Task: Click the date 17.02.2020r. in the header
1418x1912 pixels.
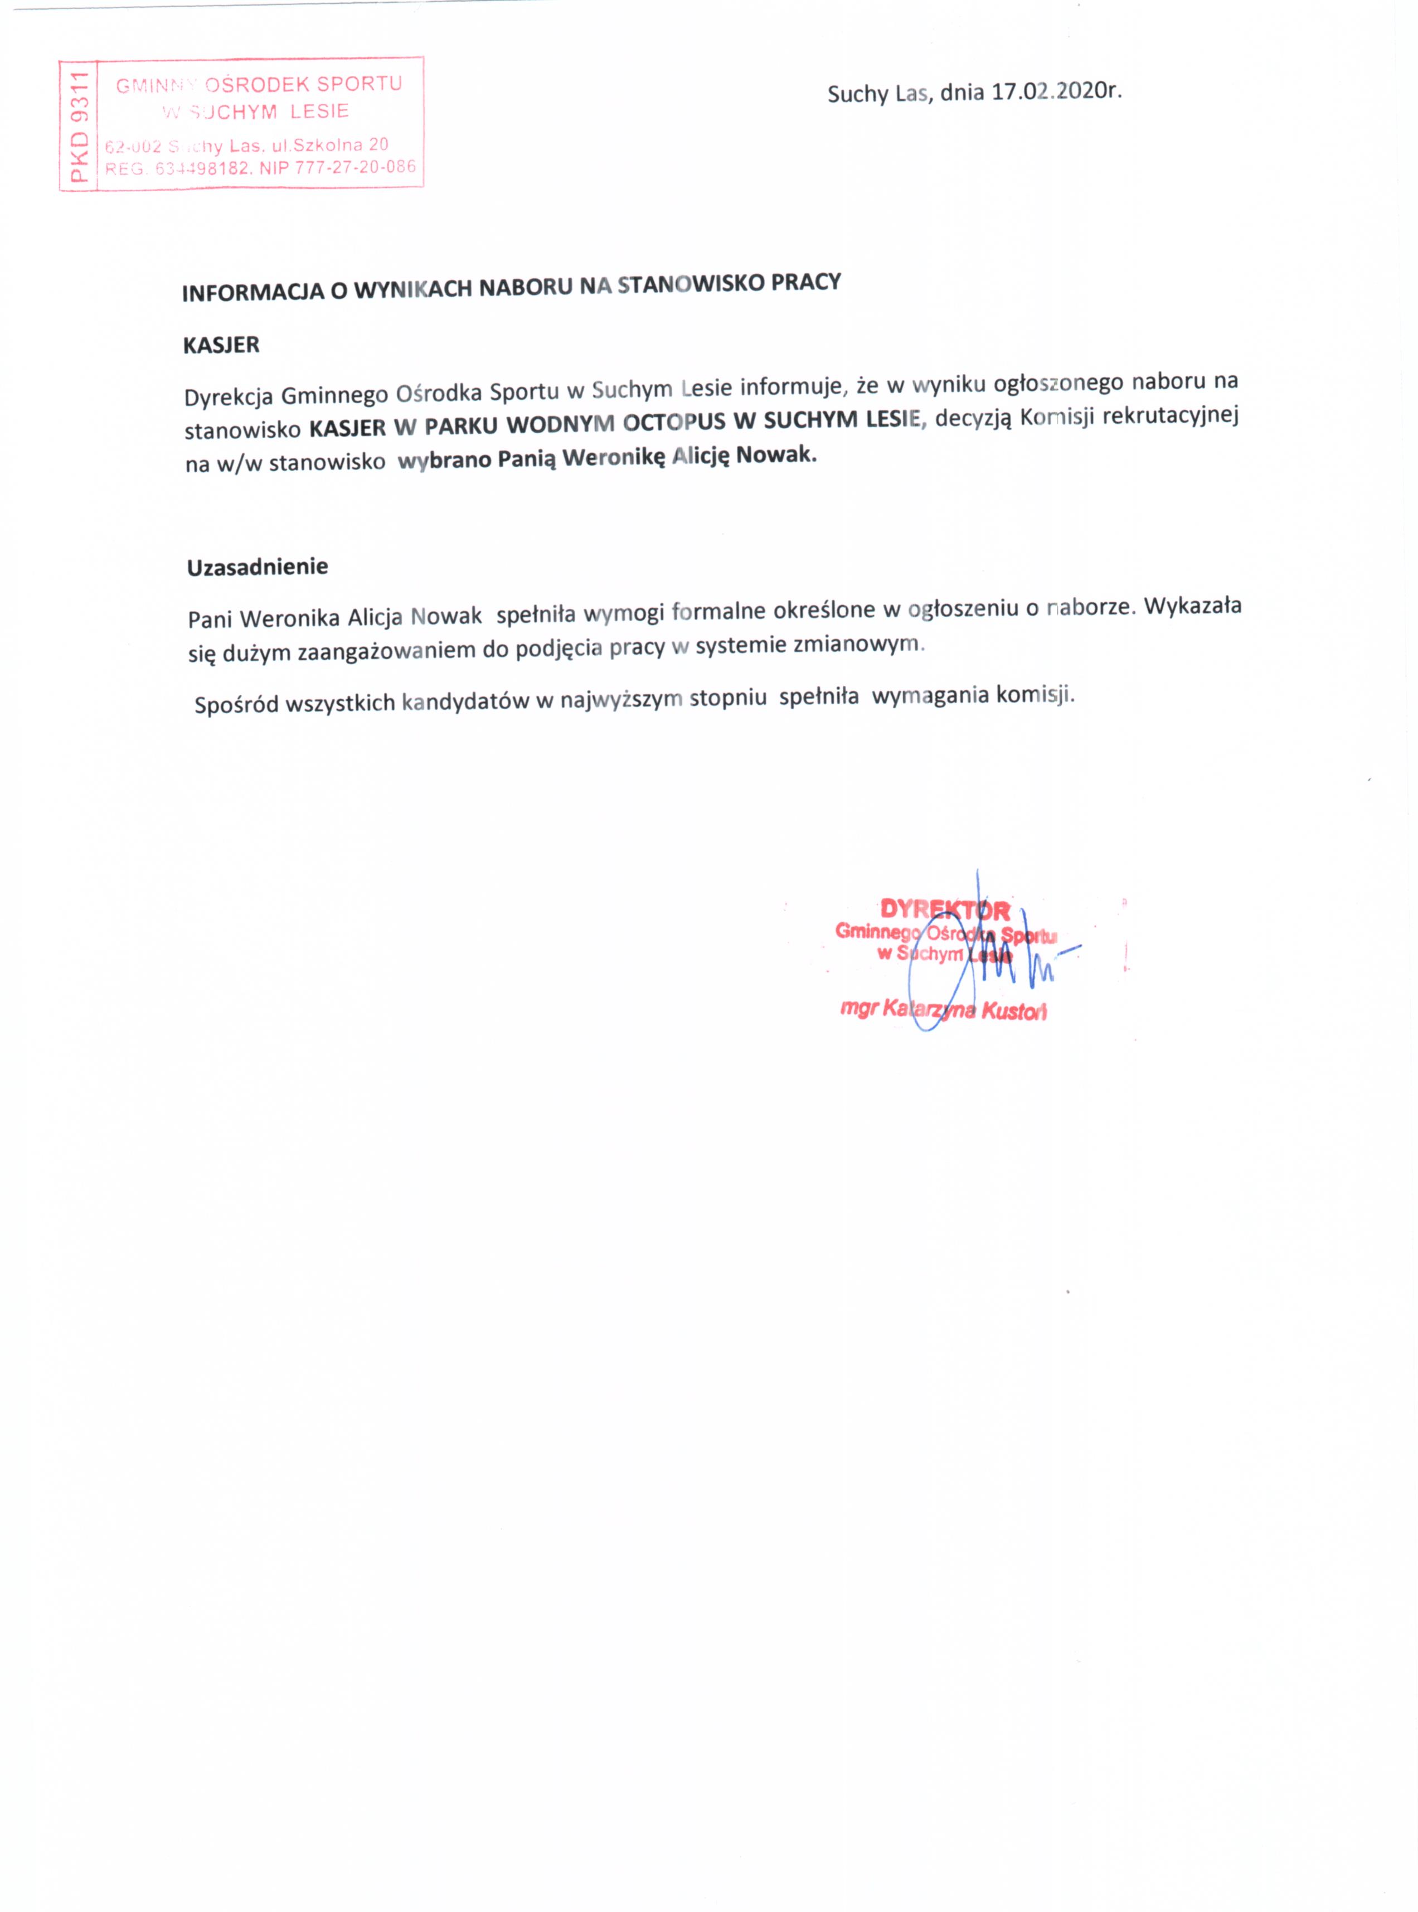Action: coord(1057,90)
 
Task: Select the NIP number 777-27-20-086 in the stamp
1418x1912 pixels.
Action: coord(356,167)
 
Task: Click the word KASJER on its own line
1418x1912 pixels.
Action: coord(221,345)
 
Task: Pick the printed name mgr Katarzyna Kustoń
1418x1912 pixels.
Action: coord(943,1010)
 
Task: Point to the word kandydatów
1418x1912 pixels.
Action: coord(465,701)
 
